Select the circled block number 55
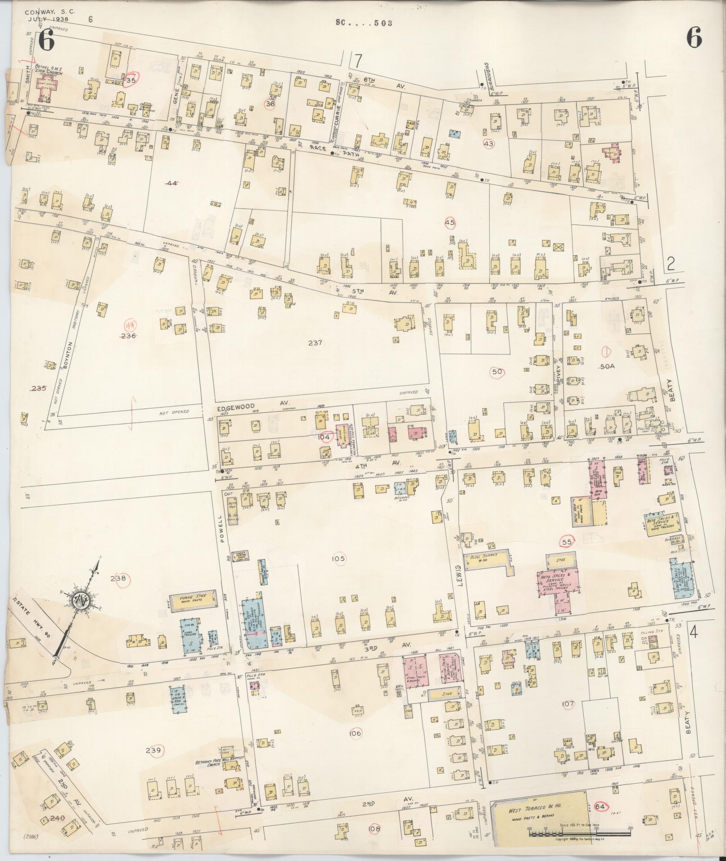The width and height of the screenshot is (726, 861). pos(567,542)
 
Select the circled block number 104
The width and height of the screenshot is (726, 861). pos(324,437)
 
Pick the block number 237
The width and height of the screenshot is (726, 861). pos(316,343)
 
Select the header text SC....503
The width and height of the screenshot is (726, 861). pos(364,23)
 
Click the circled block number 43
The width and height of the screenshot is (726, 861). pos(488,143)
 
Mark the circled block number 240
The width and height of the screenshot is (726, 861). pos(58,818)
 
